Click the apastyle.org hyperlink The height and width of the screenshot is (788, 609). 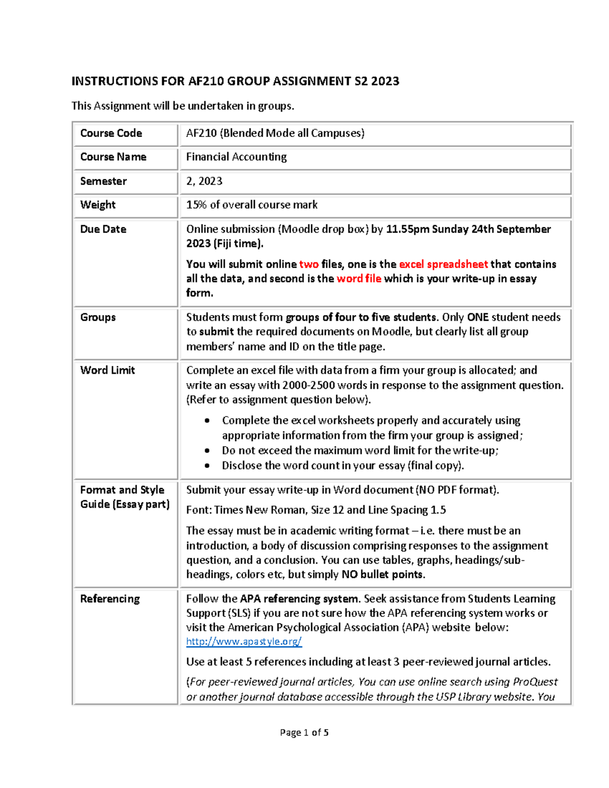pyautogui.click(x=244, y=641)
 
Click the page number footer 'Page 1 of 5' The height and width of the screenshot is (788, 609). pyautogui.click(x=304, y=732)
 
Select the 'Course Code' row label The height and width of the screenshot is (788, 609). pyautogui.click(x=111, y=133)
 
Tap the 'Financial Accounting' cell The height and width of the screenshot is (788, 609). pyautogui.click(x=236, y=157)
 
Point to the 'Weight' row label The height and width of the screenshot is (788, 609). pyautogui.click(x=98, y=204)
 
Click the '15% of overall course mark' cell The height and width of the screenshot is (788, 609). pyautogui.click(x=252, y=204)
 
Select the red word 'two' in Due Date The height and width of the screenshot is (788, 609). pyautogui.click(x=309, y=264)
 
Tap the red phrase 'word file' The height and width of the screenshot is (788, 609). pyautogui.click(x=359, y=279)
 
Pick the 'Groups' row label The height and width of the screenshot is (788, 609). pyautogui.click(x=98, y=317)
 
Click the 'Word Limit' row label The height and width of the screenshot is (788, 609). pyautogui.click(x=108, y=370)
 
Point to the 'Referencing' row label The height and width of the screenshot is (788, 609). pyautogui.click(x=110, y=599)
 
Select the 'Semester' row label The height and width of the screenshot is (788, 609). pyautogui.click(x=104, y=181)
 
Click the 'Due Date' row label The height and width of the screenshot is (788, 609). pyautogui.click(x=103, y=229)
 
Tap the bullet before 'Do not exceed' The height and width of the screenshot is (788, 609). pyautogui.click(x=207, y=451)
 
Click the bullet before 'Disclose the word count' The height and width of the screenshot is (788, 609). pyautogui.click(x=207, y=465)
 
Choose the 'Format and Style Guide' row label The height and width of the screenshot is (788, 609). pyautogui.click(x=124, y=497)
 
